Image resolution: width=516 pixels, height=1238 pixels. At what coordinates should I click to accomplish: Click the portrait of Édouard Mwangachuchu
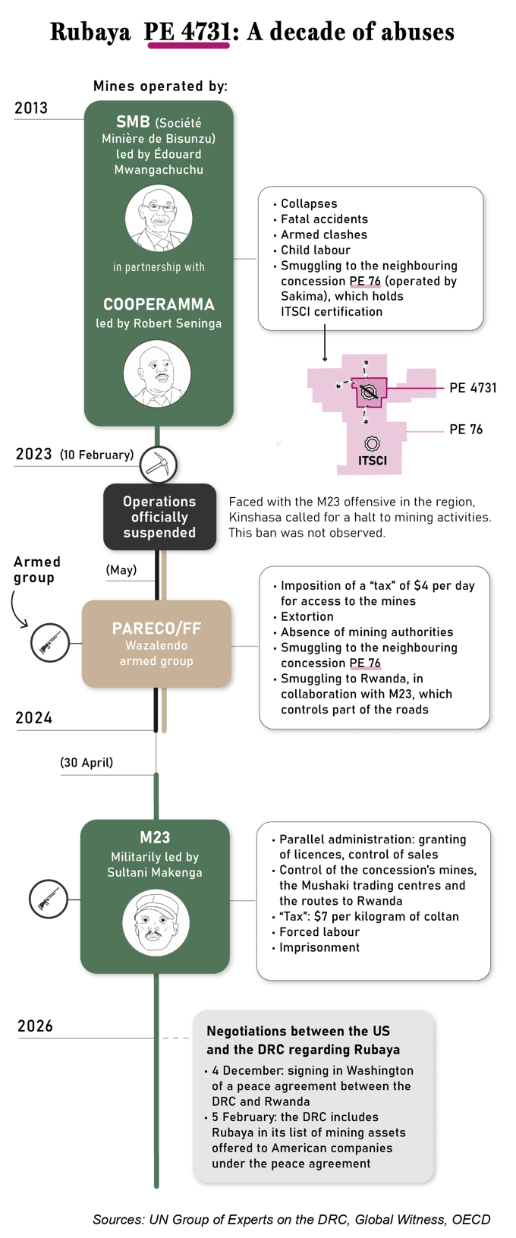pos(159,218)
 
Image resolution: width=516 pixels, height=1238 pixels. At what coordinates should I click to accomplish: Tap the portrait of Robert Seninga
pos(157,373)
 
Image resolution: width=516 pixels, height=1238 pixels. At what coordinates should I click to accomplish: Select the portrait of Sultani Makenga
pos(156,924)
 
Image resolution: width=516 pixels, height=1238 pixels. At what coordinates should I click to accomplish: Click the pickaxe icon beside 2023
pos(158,465)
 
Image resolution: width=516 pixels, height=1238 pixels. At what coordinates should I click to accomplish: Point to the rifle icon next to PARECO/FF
pos(50,643)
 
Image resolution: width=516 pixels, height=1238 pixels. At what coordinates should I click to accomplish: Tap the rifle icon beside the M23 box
pos(49,899)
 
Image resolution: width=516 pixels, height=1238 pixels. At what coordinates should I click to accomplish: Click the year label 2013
pos(31,108)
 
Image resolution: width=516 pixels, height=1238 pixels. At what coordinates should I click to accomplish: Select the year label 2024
pos(33,718)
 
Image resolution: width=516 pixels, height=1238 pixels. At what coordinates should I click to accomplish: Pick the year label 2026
pos(35,1025)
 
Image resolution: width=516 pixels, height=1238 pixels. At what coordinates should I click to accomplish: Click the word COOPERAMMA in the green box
pos(159,304)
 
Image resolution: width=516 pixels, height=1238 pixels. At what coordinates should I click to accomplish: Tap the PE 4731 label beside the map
pos(473,388)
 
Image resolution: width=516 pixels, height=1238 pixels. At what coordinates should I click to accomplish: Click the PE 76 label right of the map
pos(466,430)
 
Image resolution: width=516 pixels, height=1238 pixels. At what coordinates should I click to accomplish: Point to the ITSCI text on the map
pos(373,461)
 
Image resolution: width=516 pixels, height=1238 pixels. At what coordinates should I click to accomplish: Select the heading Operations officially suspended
pos(159,517)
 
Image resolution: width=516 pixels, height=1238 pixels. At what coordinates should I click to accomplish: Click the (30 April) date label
pos(87,763)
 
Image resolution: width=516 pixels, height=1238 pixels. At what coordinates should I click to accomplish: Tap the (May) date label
pos(121,570)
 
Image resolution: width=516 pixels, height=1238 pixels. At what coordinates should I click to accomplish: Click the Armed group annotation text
pos(36,570)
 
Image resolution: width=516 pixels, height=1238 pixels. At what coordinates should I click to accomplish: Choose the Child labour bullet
pos(312,250)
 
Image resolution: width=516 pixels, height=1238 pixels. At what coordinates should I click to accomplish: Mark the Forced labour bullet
pos(316,932)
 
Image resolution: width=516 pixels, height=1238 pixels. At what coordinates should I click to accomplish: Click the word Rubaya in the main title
pos(90,32)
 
